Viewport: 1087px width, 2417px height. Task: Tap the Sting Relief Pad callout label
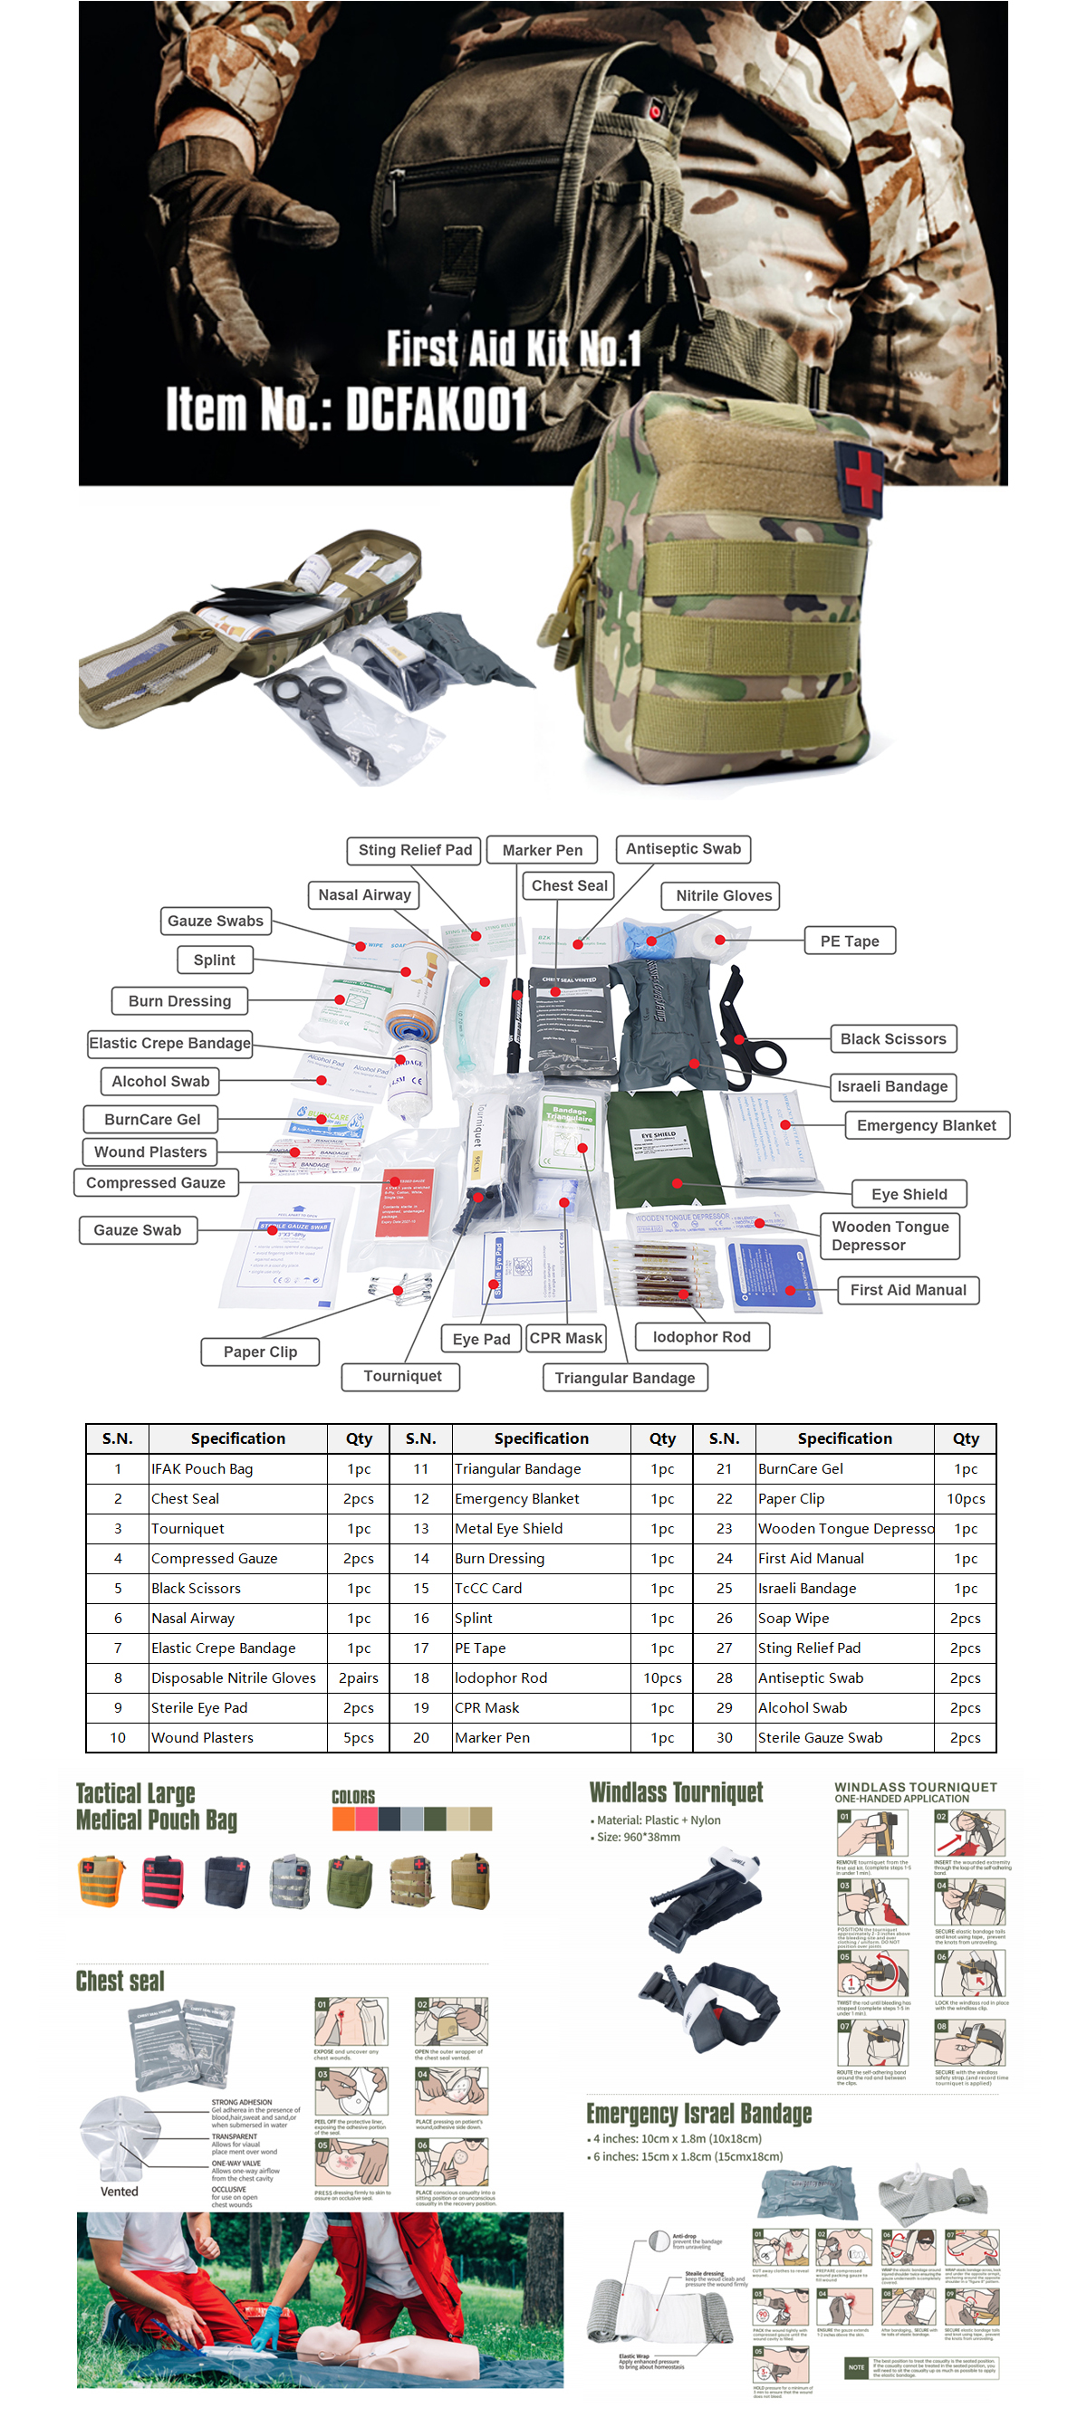pyautogui.click(x=414, y=849)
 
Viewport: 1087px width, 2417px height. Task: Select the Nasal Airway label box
pyautogui.click(x=363, y=894)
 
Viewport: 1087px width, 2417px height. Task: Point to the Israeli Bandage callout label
pyautogui.click(x=891, y=1085)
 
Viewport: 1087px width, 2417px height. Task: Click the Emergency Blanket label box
pyautogui.click(x=926, y=1124)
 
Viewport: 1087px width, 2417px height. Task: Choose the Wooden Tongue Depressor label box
pyautogui.click(x=889, y=1235)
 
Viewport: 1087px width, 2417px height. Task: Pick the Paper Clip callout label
pyautogui.click(x=260, y=1352)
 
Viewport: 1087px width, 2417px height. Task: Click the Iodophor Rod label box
pyautogui.click(x=701, y=1336)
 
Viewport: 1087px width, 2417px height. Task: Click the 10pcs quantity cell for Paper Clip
pyautogui.click(x=965, y=1498)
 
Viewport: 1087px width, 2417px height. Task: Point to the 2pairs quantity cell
pyautogui.click(x=359, y=1677)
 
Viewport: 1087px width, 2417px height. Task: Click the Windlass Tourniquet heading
pyautogui.click(x=676, y=1792)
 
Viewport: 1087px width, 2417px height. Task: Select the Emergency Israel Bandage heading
pyautogui.click(x=698, y=2113)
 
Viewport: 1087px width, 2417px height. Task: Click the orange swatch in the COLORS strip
pyautogui.click(x=342, y=1819)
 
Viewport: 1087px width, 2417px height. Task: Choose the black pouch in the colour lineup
pyautogui.click(x=227, y=1881)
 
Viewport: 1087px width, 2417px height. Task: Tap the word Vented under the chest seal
pyautogui.click(x=120, y=2191)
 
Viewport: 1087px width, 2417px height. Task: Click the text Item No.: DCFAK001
pyautogui.click(x=346, y=409)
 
